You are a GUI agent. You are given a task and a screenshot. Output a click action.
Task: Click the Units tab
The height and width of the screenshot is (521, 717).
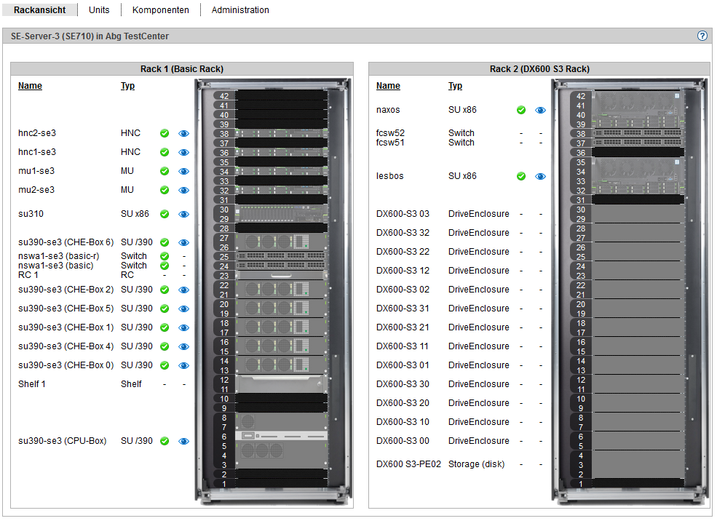[99, 9]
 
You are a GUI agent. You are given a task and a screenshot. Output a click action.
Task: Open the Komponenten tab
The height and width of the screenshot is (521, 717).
[160, 10]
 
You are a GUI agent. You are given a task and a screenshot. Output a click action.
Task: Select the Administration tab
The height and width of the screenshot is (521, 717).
[240, 9]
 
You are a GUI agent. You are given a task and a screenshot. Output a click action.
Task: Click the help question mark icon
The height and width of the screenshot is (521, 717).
[702, 36]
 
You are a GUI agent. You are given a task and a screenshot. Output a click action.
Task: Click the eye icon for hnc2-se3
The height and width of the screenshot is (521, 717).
[184, 133]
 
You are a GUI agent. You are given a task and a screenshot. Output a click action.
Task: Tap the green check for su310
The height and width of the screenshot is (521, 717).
[165, 214]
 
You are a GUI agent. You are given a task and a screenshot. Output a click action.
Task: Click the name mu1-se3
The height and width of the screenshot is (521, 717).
[36, 171]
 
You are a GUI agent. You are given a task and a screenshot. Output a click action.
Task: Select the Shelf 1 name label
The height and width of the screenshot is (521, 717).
[32, 384]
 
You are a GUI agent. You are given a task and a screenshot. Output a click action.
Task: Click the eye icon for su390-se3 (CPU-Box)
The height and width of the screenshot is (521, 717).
[184, 441]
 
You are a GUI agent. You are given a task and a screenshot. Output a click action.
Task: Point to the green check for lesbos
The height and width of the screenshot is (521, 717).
[521, 176]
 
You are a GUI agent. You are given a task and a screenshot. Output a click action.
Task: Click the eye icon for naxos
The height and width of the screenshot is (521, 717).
[541, 110]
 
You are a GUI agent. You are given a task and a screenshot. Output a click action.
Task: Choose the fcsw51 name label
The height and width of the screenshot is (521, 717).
[390, 143]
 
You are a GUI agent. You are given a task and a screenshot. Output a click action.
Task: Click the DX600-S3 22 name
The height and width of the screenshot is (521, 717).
[403, 251]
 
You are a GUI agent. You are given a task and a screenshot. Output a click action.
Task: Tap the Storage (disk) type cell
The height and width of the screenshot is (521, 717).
[477, 464]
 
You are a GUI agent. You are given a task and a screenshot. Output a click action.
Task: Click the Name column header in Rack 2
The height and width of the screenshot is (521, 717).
[388, 85]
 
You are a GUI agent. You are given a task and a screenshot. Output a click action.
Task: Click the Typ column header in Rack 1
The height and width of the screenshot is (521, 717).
[127, 85]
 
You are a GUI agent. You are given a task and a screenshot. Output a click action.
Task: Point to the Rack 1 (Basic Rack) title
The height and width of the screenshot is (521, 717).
[182, 68]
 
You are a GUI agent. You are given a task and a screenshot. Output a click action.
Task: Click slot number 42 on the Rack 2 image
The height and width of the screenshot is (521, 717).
[581, 96]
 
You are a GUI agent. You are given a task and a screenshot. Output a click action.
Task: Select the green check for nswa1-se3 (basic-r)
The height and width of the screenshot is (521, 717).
[165, 256]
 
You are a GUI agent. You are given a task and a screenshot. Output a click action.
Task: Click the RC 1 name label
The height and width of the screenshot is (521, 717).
[28, 274]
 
